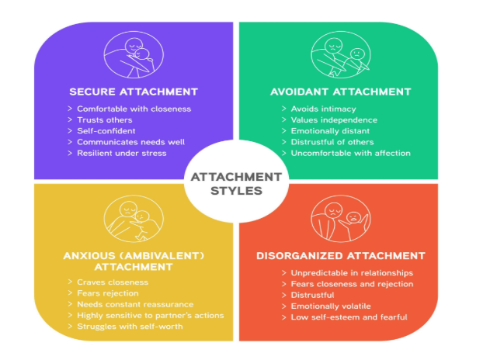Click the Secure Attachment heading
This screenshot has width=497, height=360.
[x=134, y=92]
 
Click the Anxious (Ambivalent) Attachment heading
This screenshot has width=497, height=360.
[x=134, y=261]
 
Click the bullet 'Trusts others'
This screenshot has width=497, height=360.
[x=105, y=120]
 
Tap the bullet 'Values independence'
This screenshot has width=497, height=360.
[x=334, y=120]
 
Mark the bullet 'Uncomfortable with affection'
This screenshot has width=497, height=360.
[x=350, y=153]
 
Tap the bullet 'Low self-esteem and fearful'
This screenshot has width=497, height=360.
[x=349, y=317]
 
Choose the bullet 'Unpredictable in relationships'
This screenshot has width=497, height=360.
[x=352, y=273]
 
